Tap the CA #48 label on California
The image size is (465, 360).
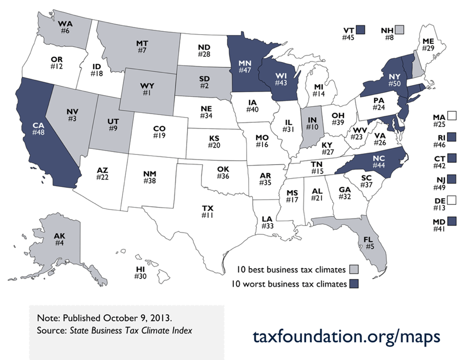38,129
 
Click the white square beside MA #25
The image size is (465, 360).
451,116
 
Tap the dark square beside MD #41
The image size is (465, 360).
451,222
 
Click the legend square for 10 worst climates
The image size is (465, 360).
354,283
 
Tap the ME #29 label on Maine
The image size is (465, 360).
429,45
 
